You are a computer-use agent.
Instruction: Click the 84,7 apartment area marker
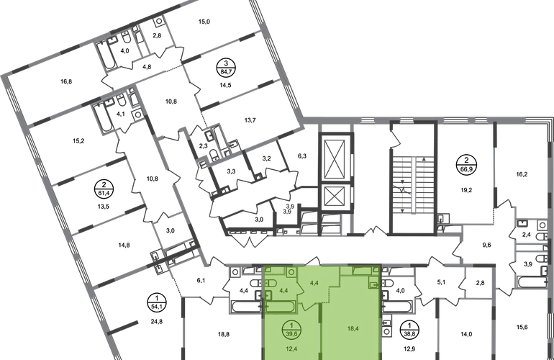pos(226,67)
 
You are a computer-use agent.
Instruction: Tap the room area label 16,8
pos(66,81)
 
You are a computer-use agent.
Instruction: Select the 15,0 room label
pos(204,22)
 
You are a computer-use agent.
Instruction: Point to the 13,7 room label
pos(250,120)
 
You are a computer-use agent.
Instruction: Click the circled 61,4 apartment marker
pos(104,189)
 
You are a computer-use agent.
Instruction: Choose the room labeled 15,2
pos(78,140)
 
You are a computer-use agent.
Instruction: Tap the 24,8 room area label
pos(157,321)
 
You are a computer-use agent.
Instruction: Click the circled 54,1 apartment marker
pos(157,302)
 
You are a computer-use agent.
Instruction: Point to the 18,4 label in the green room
pos(353,328)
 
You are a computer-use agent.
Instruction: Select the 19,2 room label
pos(466,190)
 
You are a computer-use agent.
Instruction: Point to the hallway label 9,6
pos(486,245)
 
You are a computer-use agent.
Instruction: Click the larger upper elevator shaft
pos(335,159)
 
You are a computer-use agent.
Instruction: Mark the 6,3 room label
pos(302,156)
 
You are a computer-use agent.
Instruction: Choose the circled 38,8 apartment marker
pos(409,328)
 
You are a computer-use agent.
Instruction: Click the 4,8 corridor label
pos(147,66)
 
